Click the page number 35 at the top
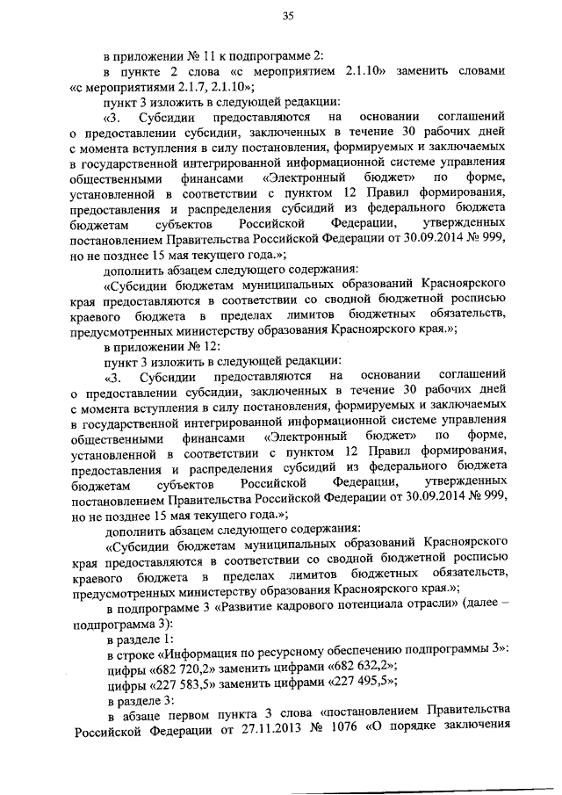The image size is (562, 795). point(287,16)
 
